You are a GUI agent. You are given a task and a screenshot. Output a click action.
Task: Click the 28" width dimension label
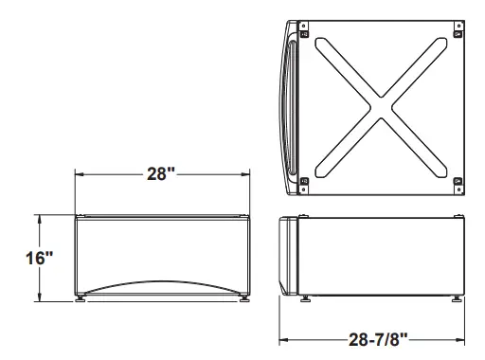162,174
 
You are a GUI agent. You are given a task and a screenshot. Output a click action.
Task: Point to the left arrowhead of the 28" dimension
80,174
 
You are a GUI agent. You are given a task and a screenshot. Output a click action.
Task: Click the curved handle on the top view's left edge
288,106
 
